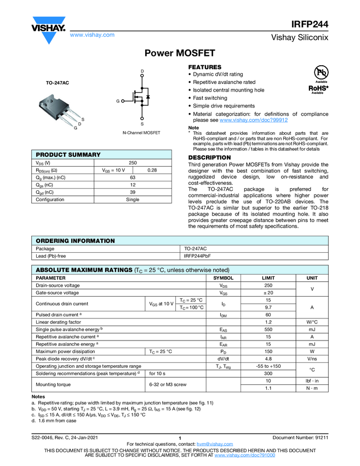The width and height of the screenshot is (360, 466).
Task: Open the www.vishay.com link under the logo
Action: (x=92, y=35)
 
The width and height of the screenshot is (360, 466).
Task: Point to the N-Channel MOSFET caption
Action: (x=141, y=133)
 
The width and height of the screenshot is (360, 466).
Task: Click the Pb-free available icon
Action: (x=321, y=73)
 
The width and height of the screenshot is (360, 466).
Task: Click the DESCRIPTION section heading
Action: (x=210, y=157)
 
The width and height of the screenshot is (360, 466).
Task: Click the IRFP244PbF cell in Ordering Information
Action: (x=197, y=256)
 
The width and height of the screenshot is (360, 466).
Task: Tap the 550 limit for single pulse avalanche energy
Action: (x=268, y=329)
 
